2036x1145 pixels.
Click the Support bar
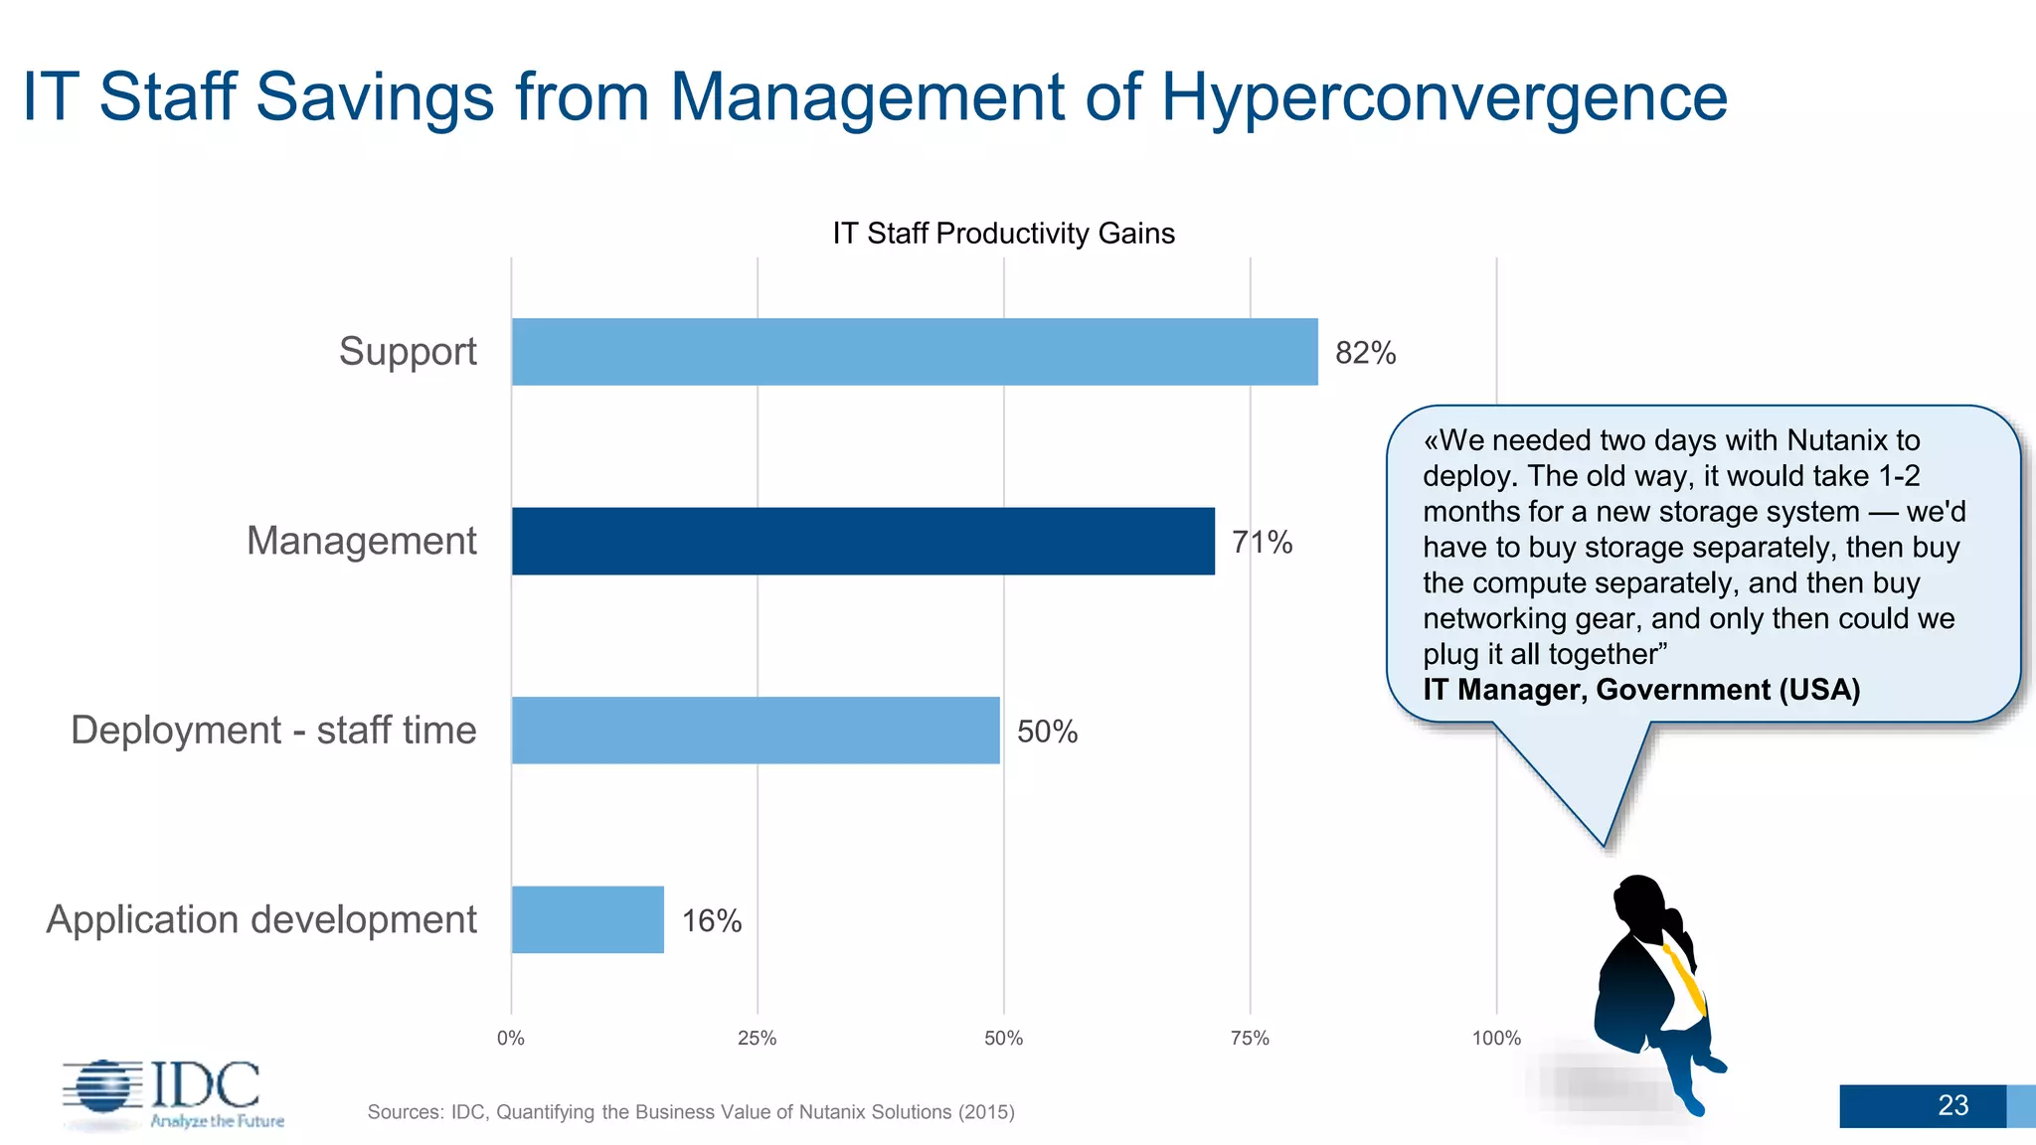[x=915, y=352]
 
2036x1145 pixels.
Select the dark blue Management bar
[x=863, y=541]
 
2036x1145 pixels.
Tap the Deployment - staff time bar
[x=756, y=731]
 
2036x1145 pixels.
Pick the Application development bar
[x=588, y=919]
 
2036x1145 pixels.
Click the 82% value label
[x=1365, y=353]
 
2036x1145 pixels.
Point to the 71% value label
[x=1262, y=542]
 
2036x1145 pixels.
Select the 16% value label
[x=712, y=920]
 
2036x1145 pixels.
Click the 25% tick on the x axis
[x=757, y=1039]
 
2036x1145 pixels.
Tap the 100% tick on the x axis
[x=1496, y=1039]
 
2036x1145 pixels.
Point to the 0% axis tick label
[x=511, y=1039]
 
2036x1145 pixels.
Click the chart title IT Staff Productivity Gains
[x=1003, y=234]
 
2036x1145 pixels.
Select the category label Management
[x=362, y=541]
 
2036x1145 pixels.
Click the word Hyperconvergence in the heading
[x=1443, y=97]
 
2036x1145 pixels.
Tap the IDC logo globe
[x=103, y=1085]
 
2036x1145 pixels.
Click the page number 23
[x=1952, y=1105]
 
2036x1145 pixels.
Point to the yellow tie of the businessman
[x=1686, y=979]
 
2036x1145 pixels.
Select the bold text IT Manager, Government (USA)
[x=1641, y=690]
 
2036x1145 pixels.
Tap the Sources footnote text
[x=691, y=1112]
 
